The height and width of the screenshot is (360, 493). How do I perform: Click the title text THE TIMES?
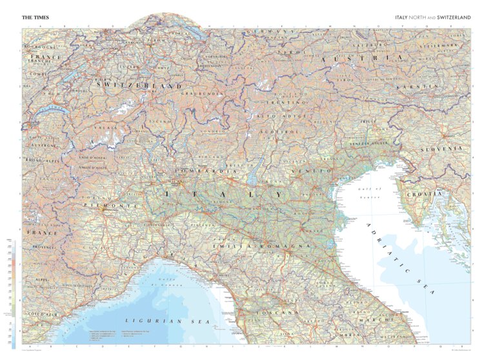(35, 17)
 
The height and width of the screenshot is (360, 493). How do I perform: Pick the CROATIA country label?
(425, 194)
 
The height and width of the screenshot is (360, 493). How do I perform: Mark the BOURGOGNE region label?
(39, 46)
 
